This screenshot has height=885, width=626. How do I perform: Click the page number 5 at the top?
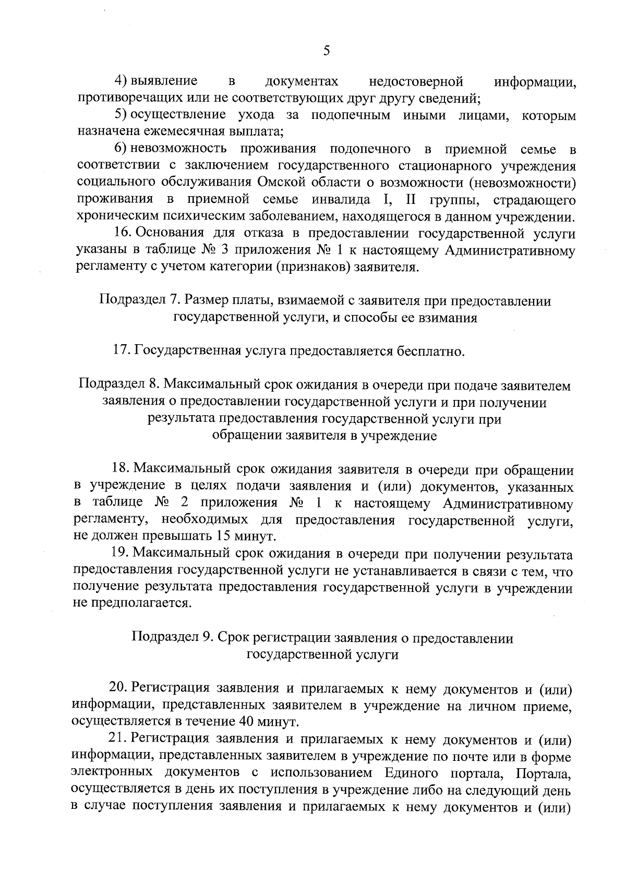coord(327,51)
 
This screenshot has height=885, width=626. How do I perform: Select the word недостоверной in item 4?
coord(416,81)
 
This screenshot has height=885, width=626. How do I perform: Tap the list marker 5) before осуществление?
coord(122,115)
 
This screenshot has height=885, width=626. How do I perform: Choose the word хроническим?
coord(110,216)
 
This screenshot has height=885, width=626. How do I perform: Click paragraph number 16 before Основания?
coord(122,234)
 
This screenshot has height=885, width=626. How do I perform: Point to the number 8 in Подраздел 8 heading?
coord(153,385)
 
